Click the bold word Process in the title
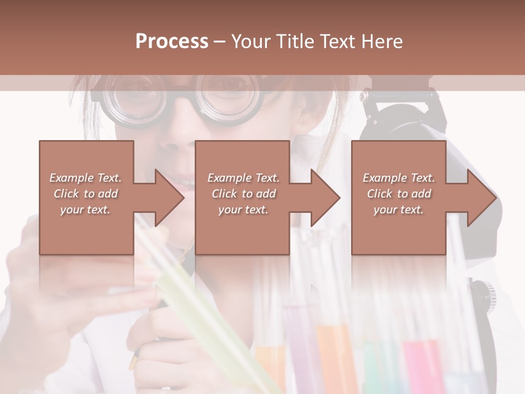click(x=172, y=42)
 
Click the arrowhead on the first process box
click(x=170, y=198)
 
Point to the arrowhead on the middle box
click(x=325, y=198)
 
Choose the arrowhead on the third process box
click(x=482, y=198)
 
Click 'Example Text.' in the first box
click(x=85, y=178)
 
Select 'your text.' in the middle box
click(x=243, y=210)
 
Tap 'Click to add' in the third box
click(x=399, y=194)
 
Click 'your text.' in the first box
click(x=85, y=210)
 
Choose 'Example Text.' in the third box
click(x=399, y=178)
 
